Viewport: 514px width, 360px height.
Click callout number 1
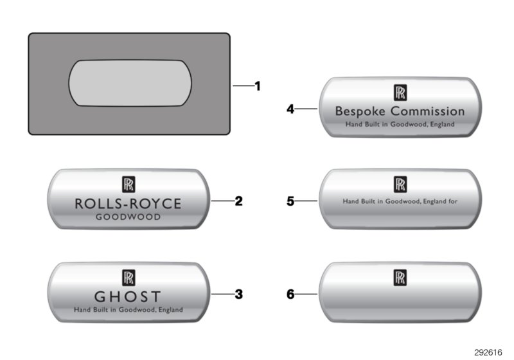[258, 86]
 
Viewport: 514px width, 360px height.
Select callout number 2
[238, 201]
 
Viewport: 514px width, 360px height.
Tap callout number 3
[238, 294]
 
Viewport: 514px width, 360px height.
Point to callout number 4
[290, 109]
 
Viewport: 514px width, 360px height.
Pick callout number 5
[290, 201]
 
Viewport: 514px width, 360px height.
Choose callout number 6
[290, 294]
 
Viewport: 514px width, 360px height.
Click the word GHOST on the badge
[128, 297]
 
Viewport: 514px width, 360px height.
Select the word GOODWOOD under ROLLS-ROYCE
[128, 217]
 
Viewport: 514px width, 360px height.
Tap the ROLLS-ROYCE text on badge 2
[128, 204]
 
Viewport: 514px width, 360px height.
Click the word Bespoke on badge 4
[360, 111]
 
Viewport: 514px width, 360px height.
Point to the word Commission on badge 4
[428, 111]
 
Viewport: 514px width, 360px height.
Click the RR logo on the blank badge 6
[400, 277]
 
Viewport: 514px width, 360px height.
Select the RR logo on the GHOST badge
[128, 277]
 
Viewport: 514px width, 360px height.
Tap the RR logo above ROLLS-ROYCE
[128, 184]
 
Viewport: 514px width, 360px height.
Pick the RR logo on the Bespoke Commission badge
[400, 93]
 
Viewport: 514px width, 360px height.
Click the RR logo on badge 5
[400, 184]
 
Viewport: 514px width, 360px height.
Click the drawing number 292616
[488, 352]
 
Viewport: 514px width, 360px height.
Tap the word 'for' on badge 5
[453, 201]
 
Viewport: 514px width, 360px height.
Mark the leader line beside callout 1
[244, 86]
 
